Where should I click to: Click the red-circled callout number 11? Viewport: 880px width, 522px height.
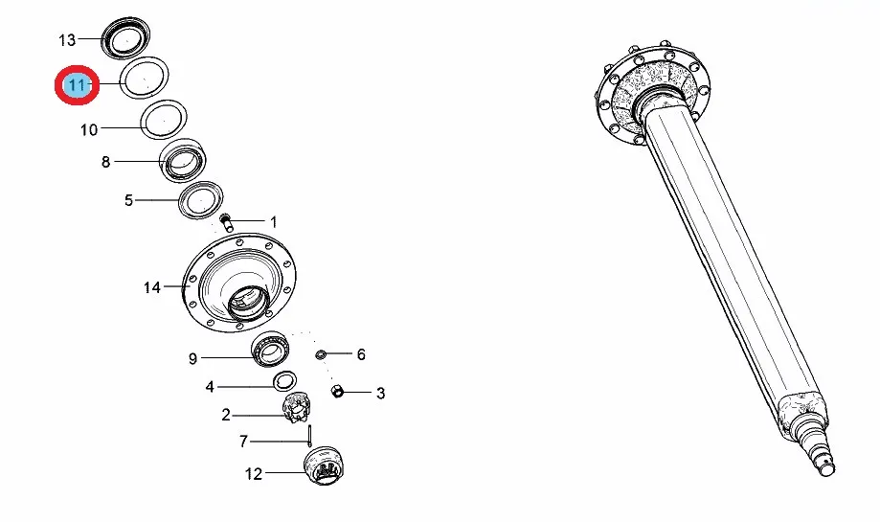coord(77,85)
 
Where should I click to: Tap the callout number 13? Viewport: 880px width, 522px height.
coord(67,40)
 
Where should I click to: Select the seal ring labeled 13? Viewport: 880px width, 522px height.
coord(125,38)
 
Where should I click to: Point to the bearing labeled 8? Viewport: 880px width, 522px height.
coord(183,160)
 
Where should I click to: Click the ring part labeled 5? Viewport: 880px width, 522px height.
coord(200,200)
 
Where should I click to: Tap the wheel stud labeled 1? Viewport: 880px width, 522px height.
coord(227,222)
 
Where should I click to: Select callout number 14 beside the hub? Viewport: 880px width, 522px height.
coord(152,287)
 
